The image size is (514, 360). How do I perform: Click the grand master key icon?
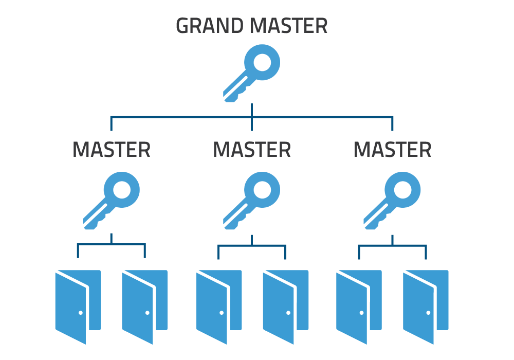tap(252, 73)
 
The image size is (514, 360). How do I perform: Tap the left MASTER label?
tap(112, 150)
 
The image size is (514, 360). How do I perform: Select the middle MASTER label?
tap(252, 150)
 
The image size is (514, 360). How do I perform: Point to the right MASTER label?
tap(393, 150)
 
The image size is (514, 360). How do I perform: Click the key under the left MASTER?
tap(112, 200)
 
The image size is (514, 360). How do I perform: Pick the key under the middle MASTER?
tap(252, 200)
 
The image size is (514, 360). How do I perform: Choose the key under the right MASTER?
tap(393, 200)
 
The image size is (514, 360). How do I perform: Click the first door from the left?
tap(75, 305)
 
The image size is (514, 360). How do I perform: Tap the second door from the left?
tap(141, 305)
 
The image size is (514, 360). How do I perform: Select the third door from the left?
tap(216, 305)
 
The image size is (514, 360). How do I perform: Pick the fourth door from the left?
tap(283, 305)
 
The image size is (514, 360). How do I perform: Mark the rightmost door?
tap(423, 305)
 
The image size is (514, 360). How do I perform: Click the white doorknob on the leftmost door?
tap(81, 313)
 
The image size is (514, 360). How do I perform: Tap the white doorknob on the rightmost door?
tap(428, 313)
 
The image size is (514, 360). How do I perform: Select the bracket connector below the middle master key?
tap(252, 246)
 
